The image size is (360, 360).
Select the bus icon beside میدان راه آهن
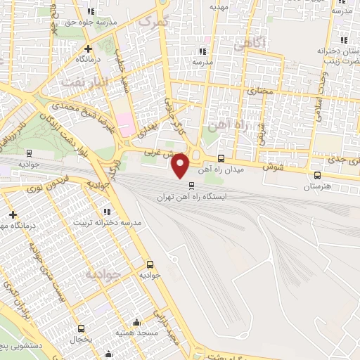[222, 158]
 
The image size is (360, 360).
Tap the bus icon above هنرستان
[318, 176]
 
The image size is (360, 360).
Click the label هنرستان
[316, 187]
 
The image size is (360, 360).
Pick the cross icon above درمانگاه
[88, 49]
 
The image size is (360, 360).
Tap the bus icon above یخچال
[82, 328]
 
